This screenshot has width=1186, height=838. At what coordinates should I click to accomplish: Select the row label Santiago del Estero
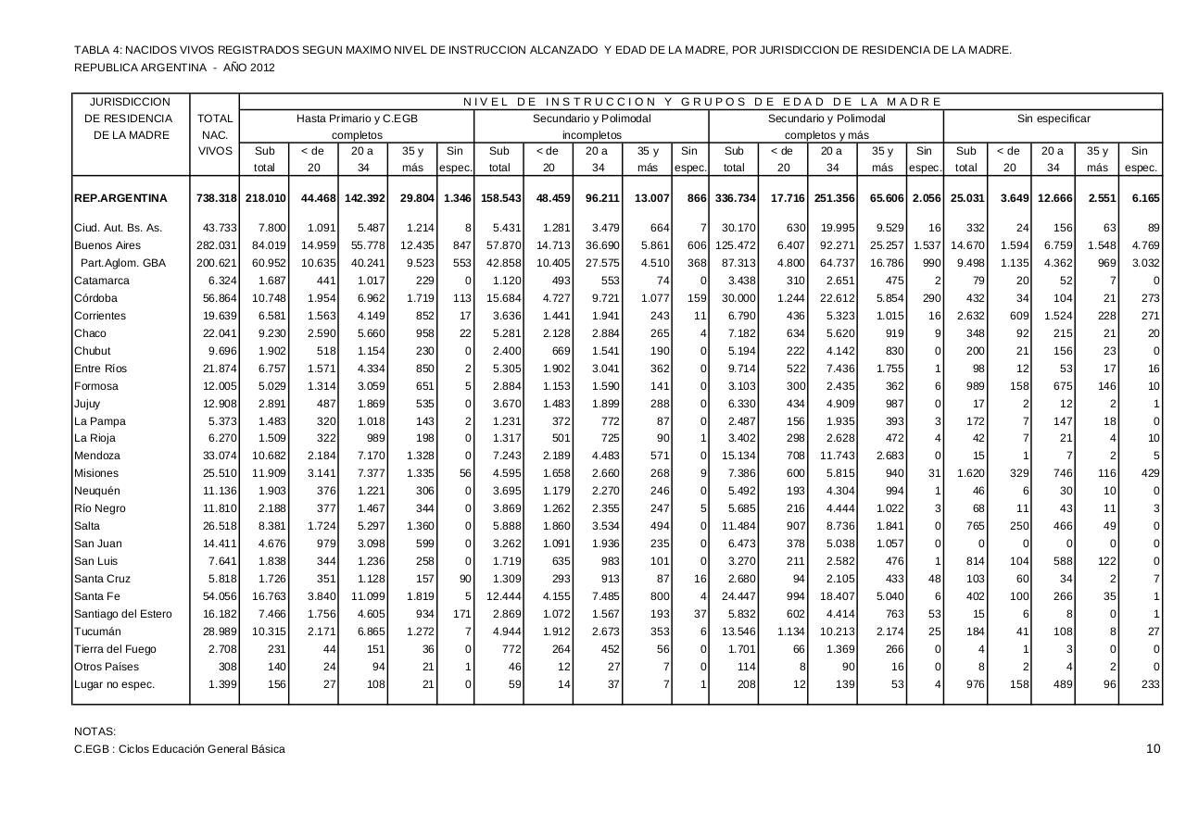(x=122, y=614)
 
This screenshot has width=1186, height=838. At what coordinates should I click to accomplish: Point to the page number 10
(x=1153, y=749)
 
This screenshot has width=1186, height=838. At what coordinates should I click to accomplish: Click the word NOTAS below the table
(x=95, y=732)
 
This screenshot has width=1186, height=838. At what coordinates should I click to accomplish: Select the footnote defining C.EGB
(x=180, y=749)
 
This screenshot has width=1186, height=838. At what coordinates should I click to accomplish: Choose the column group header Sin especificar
(x=1054, y=119)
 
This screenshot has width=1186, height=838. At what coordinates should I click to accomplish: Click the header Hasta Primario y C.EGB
(x=357, y=119)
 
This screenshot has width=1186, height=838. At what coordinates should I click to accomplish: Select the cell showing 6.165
(x=1141, y=198)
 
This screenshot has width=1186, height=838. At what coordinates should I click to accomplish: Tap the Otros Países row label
(x=107, y=667)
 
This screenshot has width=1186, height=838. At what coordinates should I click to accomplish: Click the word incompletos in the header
(x=592, y=135)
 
